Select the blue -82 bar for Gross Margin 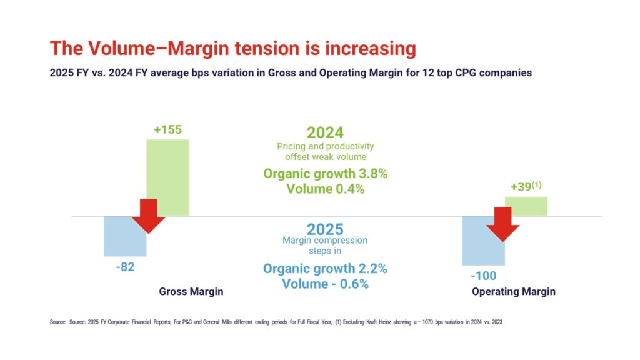click(x=119, y=241)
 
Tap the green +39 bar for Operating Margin click(x=526, y=207)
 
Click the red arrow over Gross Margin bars click(x=148, y=216)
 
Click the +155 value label click(x=167, y=130)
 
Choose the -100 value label click(x=482, y=276)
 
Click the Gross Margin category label click(x=191, y=292)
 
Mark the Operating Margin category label click(x=514, y=292)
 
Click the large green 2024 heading click(x=325, y=132)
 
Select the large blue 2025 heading click(x=325, y=229)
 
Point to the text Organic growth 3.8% click(x=325, y=174)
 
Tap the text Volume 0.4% click(x=325, y=189)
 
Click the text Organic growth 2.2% click(x=325, y=269)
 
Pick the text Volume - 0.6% click(x=325, y=284)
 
